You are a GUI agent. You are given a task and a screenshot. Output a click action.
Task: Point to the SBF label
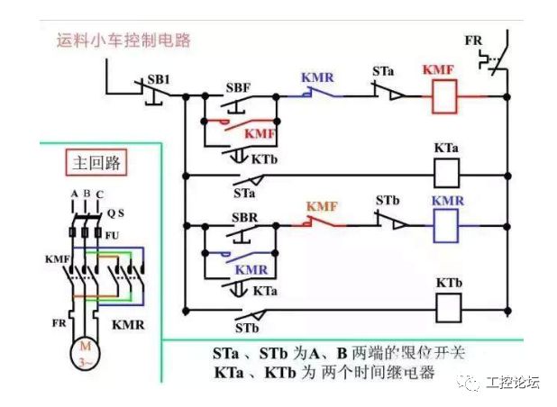239,88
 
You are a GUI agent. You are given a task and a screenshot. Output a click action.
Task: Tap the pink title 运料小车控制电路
127,41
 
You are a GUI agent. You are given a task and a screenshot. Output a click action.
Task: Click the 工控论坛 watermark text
512,383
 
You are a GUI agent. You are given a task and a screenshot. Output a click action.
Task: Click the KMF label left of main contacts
57,258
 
